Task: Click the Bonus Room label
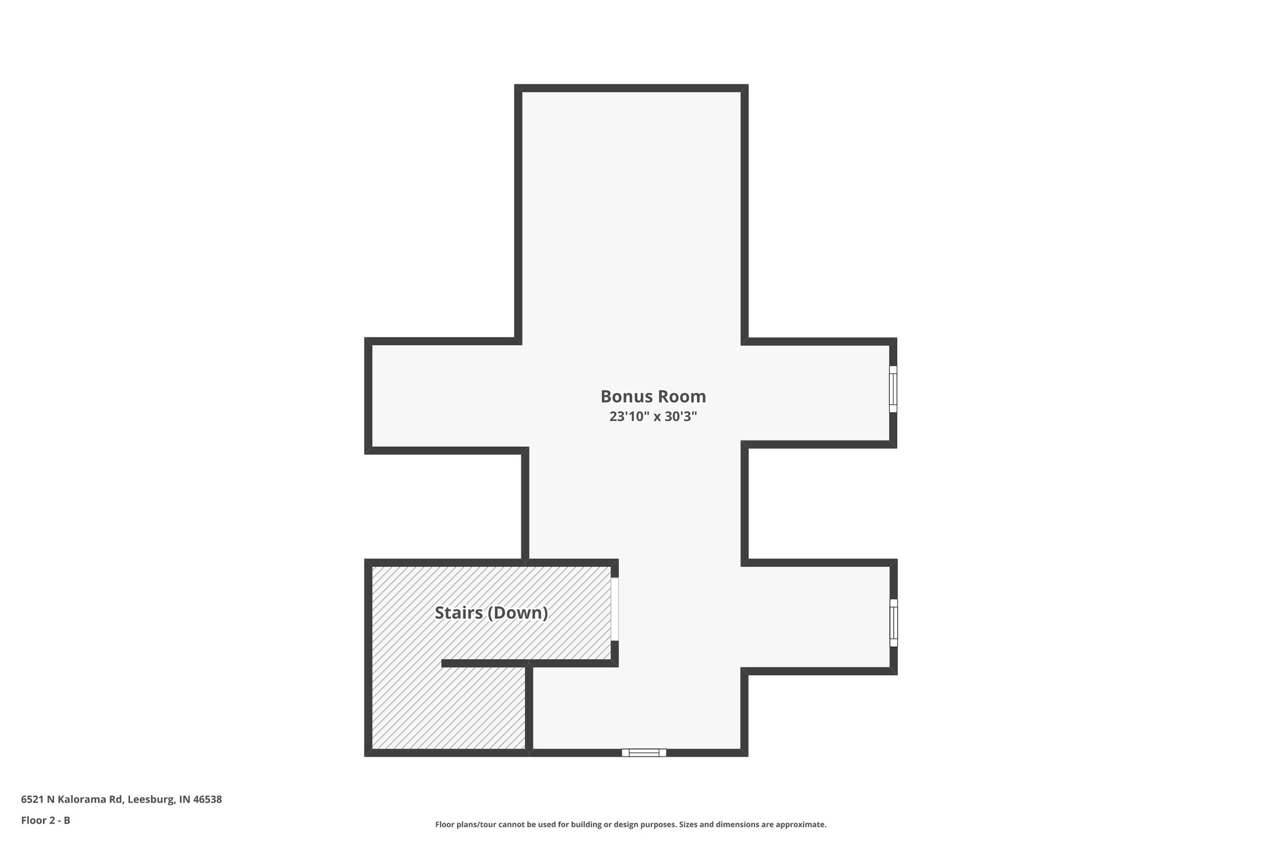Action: click(x=653, y=396)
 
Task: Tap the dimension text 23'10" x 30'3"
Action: click(x=653, y=416)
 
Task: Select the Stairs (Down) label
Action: click(x=491, y=613)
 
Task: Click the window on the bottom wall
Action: click(x=644, y=752)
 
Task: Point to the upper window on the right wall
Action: click(x=893, y=389)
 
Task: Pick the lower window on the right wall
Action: click(x=894, y=623)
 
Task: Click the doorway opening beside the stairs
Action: click(x=614, y=609)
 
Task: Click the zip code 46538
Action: click(x=208, y=800)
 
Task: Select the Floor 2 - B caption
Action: click(x=46, y=820)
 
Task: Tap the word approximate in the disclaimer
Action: click(x=800, y=824)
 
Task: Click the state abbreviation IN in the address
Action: click(x=184, y=800)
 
